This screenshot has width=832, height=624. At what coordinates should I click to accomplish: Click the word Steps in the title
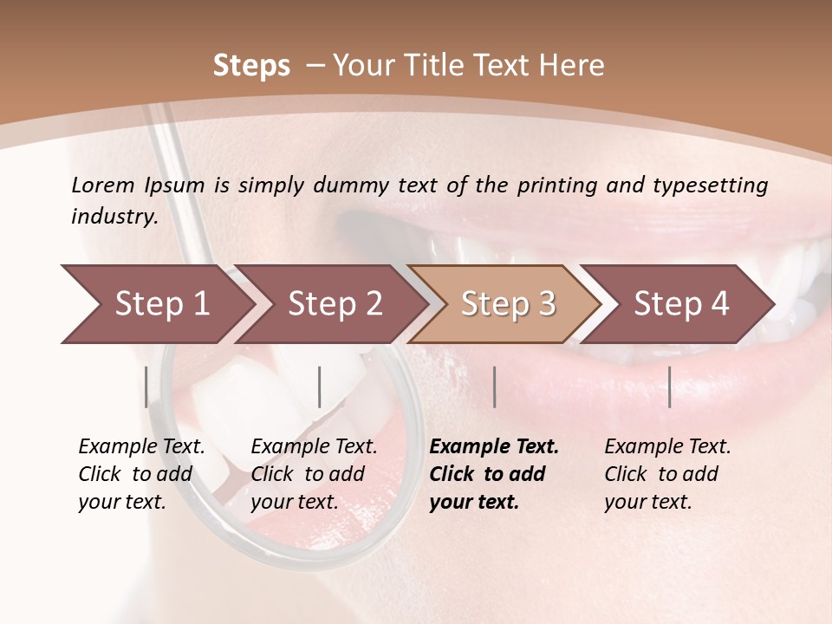251,66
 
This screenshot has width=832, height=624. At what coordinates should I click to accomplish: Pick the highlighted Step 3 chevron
508,304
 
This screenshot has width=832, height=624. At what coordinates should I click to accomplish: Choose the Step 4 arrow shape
681,304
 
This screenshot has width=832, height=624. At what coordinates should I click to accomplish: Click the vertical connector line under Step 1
146,387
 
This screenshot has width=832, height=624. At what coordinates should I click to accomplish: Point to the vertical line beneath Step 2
320,387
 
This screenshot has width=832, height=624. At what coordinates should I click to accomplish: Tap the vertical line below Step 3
495,387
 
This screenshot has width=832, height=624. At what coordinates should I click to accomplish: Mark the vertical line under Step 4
669,387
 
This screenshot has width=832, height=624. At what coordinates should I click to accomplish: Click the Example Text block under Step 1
141,474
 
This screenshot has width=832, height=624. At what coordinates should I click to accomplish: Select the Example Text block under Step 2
314,474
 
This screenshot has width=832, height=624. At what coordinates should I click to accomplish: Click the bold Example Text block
494,474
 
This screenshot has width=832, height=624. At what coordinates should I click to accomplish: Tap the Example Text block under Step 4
667,474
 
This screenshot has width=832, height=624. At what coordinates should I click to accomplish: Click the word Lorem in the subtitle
103,185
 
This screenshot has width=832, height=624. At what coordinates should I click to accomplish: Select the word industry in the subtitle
114,217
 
